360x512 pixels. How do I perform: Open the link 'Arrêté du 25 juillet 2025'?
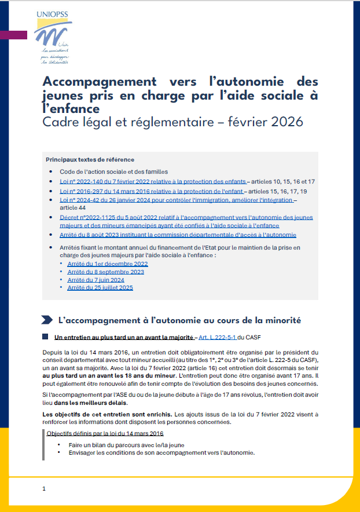[x=100, y=287]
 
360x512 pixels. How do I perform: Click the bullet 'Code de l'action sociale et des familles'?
[x=113, y=172]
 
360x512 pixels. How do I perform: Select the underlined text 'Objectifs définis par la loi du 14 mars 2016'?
[x=105, y=433]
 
